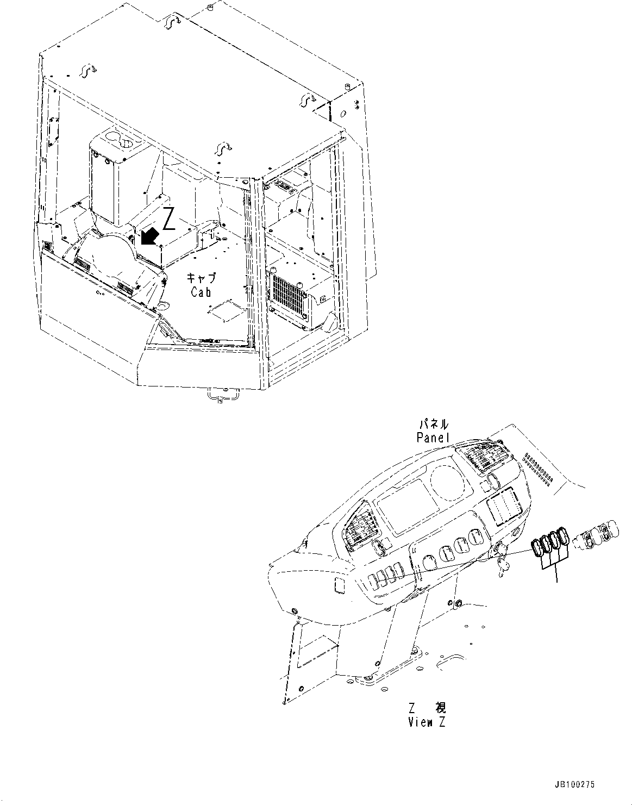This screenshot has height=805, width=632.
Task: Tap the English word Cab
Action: pos(202,291)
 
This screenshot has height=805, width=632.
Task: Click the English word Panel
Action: pos(433,437)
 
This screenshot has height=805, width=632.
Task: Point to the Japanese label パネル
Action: pos(433,425)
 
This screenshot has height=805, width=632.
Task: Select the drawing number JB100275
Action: pos(575,785)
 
